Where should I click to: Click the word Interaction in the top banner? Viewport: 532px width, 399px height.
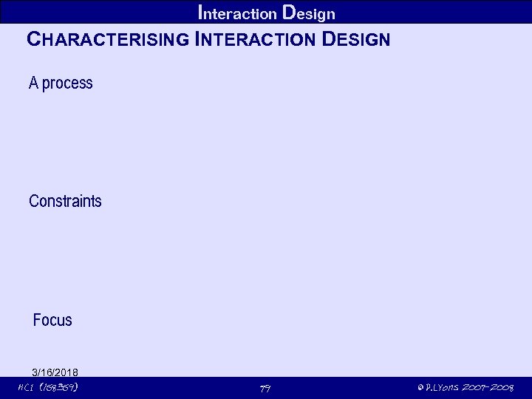click(238, 13)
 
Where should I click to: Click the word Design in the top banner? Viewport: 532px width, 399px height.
click(309, 13)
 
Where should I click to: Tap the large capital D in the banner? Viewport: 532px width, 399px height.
click(290, 13)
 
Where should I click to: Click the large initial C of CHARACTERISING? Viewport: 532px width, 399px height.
click(33, 40)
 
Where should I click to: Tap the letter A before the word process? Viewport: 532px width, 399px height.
click(33, 83)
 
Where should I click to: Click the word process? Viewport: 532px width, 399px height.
click(67, 83)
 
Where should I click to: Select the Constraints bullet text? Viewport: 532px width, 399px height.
click(65, 201)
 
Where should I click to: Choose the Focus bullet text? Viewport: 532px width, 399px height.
click(52, 320)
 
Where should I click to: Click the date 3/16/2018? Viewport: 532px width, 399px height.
click(55, 372)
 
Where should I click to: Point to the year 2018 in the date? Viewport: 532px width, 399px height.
click(67, 372)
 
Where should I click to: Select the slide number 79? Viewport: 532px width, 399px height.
click(265, 389)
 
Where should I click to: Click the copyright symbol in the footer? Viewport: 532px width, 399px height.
click(420, 388)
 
